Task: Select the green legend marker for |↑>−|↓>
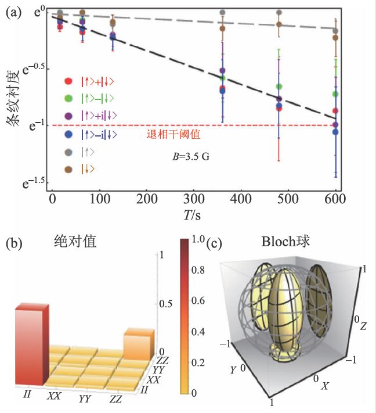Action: (x=68, y=99)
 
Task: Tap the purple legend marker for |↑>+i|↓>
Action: (x=68, y=116)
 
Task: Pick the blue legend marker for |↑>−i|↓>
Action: (x=68, y=134)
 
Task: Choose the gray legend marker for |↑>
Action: (x=68, y=152)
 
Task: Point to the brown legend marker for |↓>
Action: (x=68, y=170)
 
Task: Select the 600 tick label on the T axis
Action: (x=335, y=199)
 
